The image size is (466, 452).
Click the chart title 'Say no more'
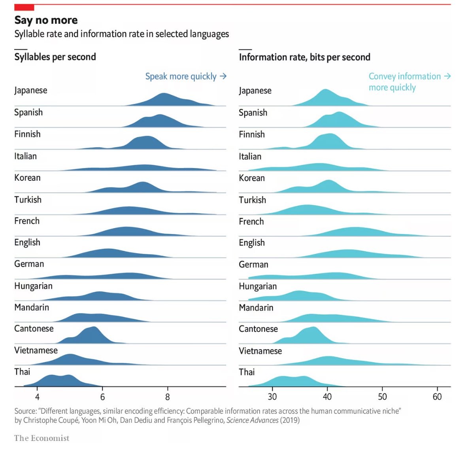pyautogui.click(x=46, y=20)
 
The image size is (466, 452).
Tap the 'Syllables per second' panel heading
pyautogui.click(x=55, y=57)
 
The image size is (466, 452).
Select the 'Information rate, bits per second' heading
pyautogui.click(x=304, y=57)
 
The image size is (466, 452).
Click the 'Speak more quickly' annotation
pyautogui.click(x=185, y=76)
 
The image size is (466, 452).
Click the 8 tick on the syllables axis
pyautogui.click(x=168, y=397)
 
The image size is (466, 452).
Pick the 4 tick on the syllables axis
pyautogui.click(x=37, y=397)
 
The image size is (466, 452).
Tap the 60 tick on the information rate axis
pyautogui.click(x=437, y=397)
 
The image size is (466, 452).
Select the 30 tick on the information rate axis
pyautogui.click(x=272, y=397)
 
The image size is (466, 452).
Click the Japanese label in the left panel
pyautogui.click(x=31, y=91)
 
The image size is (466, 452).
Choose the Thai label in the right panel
pyautogui.click(x=247, y=372)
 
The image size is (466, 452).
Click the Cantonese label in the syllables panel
pyautogui.click(x=34, y=329)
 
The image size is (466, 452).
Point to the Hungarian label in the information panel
pyautogui.click(x=258, y=286)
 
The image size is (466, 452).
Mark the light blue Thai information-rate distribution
pyautogui.click(x=292, y=381)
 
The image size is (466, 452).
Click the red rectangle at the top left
pyautogui.click(x=24, y=8)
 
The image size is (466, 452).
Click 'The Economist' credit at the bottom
pyautogui.click(x=42, y=438)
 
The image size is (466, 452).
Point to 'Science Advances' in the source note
pyautogui.click(x=252, y=420)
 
